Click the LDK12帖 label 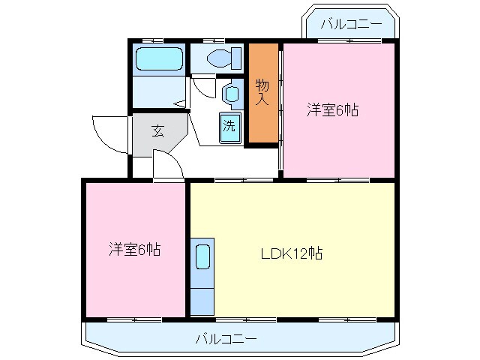(291, 253)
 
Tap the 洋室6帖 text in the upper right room (332, 111)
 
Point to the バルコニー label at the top (349, 24)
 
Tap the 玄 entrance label (157, 131)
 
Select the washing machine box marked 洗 (230, 127)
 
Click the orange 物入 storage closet (262, 93)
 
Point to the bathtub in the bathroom (158, 58)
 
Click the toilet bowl (220, 58)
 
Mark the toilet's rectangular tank (237, 58)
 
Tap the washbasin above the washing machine (232, 93)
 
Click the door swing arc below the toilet (202, 85)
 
